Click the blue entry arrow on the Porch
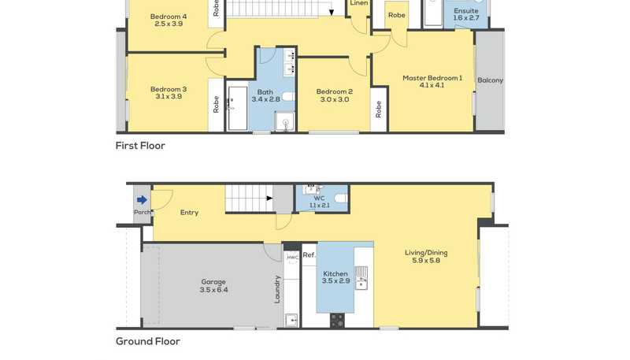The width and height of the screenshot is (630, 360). (x=142, y=199)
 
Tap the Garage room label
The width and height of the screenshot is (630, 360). (x=213, y=282)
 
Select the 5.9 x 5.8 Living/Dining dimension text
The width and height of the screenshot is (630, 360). (x=426, y=261)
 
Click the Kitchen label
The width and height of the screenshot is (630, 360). (x=335, y=273)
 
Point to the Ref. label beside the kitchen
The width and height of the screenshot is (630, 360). (x=309, y=254)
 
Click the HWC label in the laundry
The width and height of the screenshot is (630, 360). (x=292, y=257)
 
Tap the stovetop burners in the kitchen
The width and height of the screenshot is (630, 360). (x=337, y=321)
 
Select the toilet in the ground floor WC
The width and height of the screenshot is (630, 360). (x=341, y=198)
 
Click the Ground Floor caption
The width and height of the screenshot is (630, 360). (x=148, y=342)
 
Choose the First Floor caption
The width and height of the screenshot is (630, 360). (x=140, y=146)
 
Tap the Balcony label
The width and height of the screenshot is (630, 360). (x=490, y=80)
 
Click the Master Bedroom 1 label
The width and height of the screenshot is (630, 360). (x=432, y=78)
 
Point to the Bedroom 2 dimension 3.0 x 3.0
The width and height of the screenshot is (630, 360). (x=334, y=99)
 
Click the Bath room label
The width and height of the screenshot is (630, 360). (x=265, y=92)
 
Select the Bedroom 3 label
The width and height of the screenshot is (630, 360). (x=169, y=89)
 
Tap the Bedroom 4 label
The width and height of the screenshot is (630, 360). (x=169, y=17)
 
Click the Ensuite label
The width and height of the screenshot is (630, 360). (x=466, y=11)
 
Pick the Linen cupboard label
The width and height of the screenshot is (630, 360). (x=359, y=3)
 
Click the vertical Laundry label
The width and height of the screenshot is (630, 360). (x=277, y=289)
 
